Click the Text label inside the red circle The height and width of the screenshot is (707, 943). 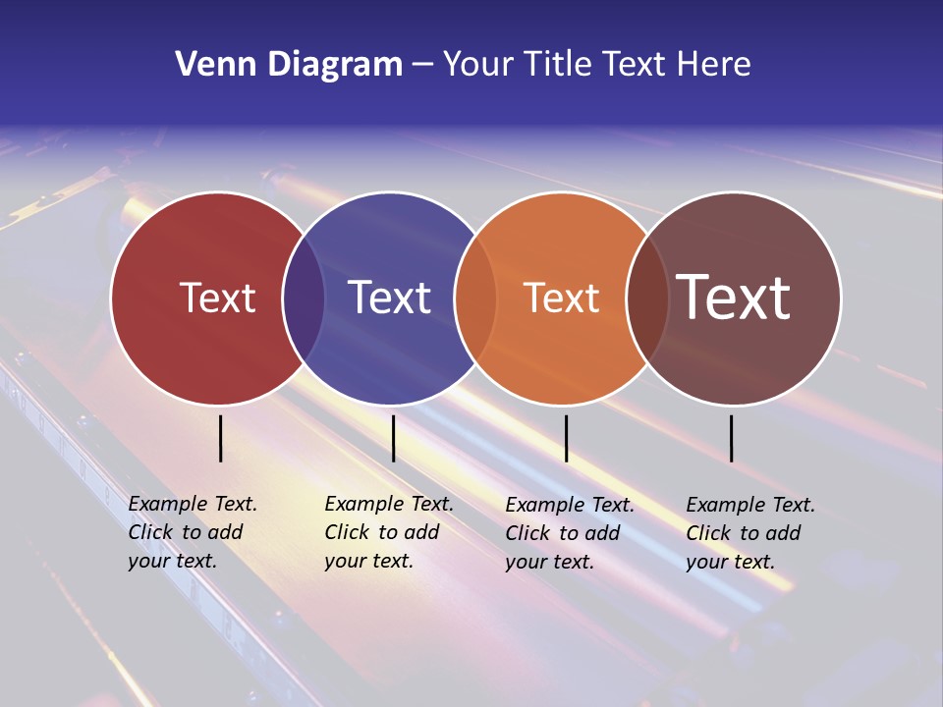click(217, 298)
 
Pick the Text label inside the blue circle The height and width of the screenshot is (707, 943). click(389, 298)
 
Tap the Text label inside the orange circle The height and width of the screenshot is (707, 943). click(561, 298)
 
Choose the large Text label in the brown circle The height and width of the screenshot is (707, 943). click(734, 298)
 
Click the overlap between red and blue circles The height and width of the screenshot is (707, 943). click(304, 298)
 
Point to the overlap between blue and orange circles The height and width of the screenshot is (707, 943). click(475, 298)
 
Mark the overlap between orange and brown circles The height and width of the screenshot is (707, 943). click(647, 298)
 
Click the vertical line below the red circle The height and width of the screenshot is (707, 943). click(221, 438)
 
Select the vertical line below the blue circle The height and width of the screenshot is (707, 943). click(393, 438)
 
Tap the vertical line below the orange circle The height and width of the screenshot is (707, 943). click(566, 438)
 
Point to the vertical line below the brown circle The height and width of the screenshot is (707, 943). click(731, 438)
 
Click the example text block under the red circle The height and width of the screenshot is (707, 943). click(192, 532)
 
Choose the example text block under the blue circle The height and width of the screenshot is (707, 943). click(388, 532)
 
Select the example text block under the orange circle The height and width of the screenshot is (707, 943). click(569, 533)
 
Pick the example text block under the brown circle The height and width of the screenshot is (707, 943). click(749, 533)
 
